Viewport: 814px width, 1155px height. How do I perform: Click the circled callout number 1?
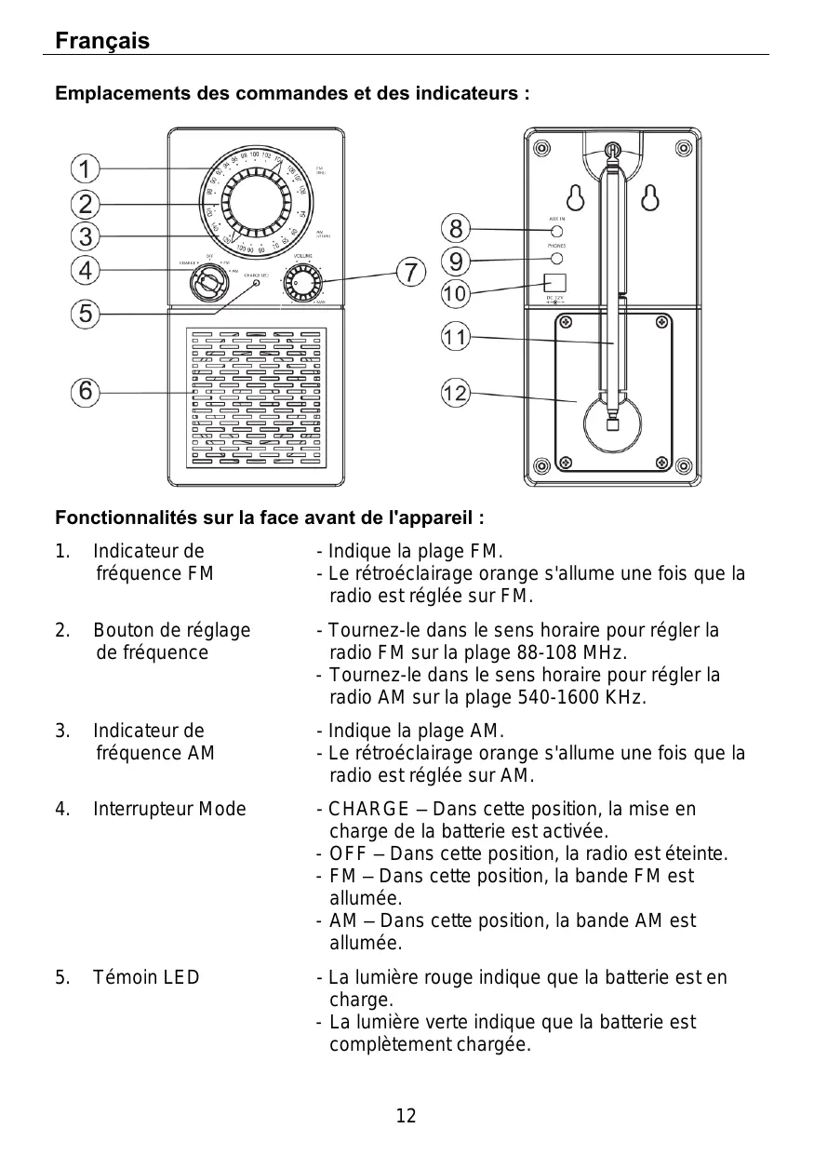coord(85,169)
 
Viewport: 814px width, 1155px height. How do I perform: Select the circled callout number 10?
coord(455,294)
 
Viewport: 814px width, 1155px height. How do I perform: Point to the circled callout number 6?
coord(85,392)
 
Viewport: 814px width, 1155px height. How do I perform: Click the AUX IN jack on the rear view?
coord(556,231)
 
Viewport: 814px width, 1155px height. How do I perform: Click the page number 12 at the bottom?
coord(407,1116)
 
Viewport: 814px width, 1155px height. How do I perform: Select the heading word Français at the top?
coord(102,42)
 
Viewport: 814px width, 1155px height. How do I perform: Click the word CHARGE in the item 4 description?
coord(369,809)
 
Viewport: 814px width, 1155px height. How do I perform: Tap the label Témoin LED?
coord(146,977)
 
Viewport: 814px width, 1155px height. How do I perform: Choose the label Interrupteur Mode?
coord(169,809)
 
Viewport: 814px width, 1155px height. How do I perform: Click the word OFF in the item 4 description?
coord(348,854)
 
